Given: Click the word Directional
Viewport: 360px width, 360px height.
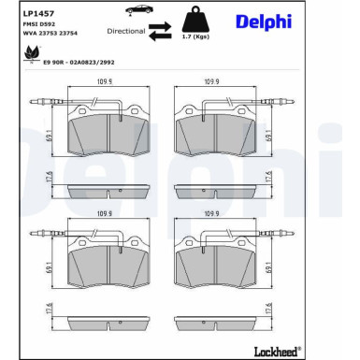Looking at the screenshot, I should coord(125,31).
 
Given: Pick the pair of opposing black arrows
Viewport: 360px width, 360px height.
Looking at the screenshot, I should coord(163,30).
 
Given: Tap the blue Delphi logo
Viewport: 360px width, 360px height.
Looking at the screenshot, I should coord(263,21).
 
